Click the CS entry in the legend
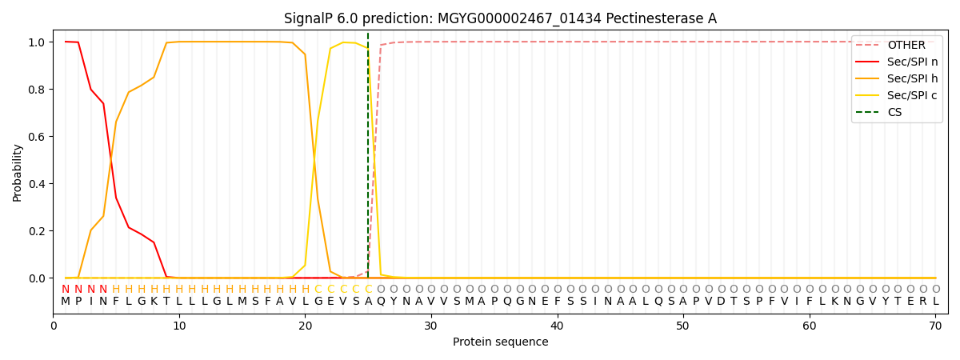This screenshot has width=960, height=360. pos(894,113)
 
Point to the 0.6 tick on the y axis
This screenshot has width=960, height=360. pos(36,137)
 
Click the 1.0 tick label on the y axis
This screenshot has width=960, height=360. pos(36,42)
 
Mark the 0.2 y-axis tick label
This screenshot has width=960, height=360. pos(36,231)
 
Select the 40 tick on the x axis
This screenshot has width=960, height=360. pos(557,326)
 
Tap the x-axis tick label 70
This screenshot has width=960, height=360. pos(935,326)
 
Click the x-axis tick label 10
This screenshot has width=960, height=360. pos(179,326)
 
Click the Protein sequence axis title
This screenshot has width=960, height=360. pos(500,342)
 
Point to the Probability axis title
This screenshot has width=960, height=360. pos(18,172)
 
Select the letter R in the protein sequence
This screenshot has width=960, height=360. pos(923,302)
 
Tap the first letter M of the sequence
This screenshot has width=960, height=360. pos(66,302)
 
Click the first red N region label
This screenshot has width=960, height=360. pos(66,290)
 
